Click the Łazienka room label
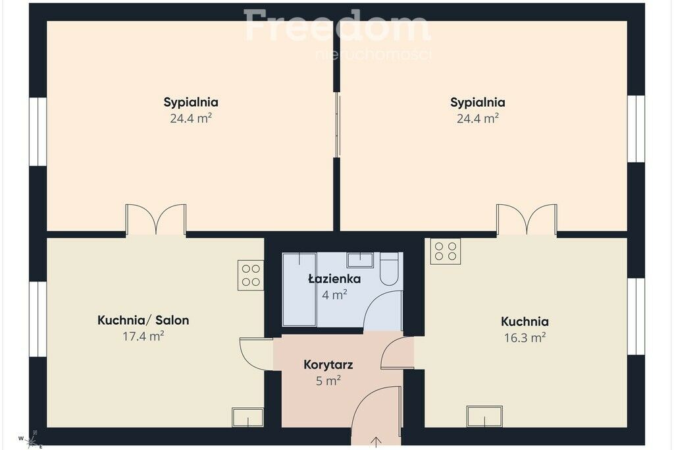point(334,279)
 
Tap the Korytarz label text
point(328,365)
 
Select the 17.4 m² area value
point(143,335)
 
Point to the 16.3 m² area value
point(525,337)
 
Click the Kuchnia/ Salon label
point(143,320)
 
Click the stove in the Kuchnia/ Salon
point(251,275)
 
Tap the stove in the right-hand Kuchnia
point(446,251)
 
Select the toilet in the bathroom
point(390,268)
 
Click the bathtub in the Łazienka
point(299,289)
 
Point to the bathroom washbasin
point(360,260)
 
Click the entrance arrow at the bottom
point(376,442)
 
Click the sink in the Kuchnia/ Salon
point(247,417)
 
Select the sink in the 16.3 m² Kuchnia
point(484,416)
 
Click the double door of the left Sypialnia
point(155,220)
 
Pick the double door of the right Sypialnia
point(527,220)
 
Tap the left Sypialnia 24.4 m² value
point(191,119)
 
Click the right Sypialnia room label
point(478,102)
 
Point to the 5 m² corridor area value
point(328,381)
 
